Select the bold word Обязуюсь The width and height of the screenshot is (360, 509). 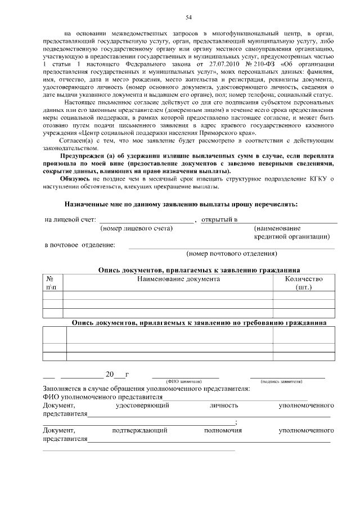point(82,178)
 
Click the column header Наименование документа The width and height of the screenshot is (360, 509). point(168,278)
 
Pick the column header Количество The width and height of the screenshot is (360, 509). point(303,278)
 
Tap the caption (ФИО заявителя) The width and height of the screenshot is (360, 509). point(181,381)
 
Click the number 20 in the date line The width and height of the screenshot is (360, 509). point(110,374)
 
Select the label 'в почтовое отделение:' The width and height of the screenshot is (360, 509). point(80,245)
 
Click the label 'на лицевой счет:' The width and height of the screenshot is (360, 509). point(70,219)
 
